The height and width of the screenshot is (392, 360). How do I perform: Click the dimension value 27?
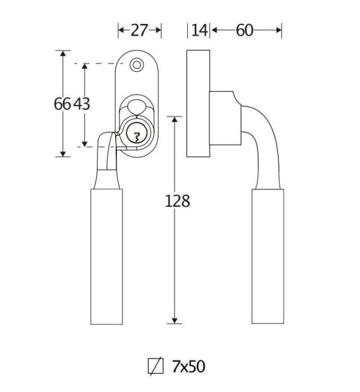coord(139,30)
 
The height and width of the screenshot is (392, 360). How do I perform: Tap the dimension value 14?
coord(200,30)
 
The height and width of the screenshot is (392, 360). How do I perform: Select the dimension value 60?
coord(244,30)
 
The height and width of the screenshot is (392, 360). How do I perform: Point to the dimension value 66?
coord(62,104)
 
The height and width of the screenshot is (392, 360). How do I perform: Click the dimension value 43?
coord(82,104)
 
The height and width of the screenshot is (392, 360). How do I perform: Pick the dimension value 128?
coord(178,201)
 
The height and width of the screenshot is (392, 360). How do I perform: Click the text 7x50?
coord(188,366)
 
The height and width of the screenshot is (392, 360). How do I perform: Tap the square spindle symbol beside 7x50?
coord(155,366)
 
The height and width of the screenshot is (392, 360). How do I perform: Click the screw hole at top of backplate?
coord(136,65)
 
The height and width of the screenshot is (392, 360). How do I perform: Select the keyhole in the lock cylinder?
coord(137,137)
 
